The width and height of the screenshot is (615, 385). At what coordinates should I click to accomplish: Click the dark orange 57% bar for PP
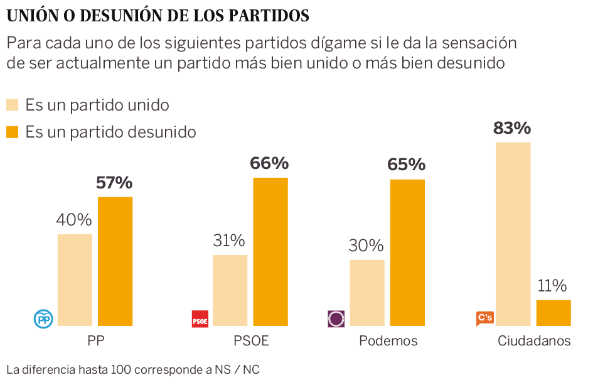[115, 261]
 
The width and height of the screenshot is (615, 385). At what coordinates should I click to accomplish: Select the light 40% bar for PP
[75, 280]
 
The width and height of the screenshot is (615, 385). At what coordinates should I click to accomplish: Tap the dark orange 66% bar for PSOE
[270, 252]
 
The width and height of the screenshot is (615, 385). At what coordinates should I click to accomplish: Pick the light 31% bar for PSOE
[230, 290]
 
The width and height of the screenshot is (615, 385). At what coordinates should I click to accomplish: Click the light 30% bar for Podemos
[366, 293]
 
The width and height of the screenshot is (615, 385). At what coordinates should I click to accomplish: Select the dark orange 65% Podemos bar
[407, 252]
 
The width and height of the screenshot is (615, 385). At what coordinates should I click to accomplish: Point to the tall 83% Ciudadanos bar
[513, 234]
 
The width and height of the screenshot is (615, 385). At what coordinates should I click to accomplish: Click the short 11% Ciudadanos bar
[553, 313]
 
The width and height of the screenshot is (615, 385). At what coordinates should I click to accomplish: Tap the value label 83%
[512, 129]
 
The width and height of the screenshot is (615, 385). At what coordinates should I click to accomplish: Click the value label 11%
[552, 286]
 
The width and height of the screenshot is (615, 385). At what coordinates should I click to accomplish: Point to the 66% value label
[269, 164]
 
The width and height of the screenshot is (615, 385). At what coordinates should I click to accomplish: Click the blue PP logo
[43, 319]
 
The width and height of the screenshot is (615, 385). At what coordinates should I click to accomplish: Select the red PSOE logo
[200, 319]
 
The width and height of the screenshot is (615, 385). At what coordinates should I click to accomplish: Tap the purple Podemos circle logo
[336, 319]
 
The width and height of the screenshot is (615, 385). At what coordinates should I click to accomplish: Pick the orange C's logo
[484, 318]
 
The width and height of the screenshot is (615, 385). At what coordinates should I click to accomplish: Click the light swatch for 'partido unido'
[13, 105]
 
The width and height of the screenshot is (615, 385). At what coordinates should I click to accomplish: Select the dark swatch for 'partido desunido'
[13, 132]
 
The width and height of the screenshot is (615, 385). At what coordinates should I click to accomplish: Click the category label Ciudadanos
[534, 341]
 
